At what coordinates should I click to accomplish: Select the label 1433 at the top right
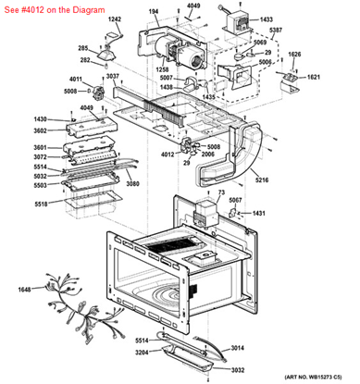point(267,19)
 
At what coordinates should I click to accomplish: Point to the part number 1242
point(115,19)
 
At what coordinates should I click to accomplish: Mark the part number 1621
point(313,78)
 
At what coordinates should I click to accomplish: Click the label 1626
point(294,55)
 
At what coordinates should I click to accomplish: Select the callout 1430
point(41,119)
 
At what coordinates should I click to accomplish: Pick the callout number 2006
point(209,155)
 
